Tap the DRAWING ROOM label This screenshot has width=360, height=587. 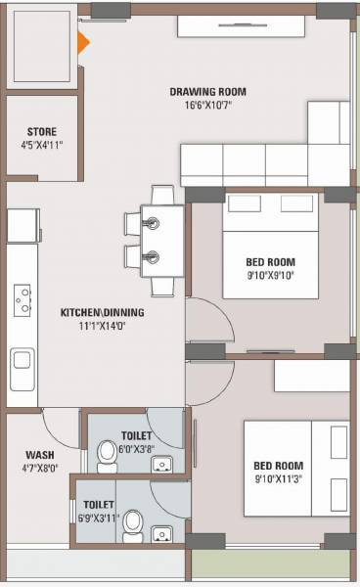(x=205, y=92)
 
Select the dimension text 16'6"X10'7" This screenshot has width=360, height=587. (x=205, y=105)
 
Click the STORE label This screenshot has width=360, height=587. (x=41, y=131)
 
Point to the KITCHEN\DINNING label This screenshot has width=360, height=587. (x=103, y=313)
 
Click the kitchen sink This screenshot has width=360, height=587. (x=21, y=368)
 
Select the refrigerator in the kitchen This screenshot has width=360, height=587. (x=22, y=228)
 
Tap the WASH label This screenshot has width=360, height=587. (x=40, y=454)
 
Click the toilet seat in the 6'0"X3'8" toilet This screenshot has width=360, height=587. (x=108, y=455)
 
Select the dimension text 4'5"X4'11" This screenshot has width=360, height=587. (x=41, y=145)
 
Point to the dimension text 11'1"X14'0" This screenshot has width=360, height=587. (x=102, y=326)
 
